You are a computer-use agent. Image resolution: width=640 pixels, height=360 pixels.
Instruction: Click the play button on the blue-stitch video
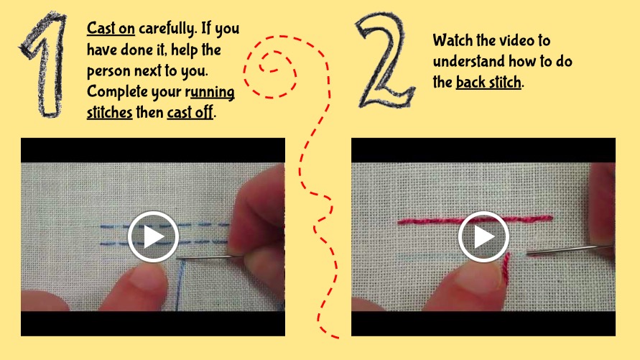click(153, 236)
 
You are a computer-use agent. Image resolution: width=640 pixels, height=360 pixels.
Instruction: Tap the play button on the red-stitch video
click(483, 236)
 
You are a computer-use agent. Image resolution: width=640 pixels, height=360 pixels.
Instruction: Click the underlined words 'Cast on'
click(111, 28)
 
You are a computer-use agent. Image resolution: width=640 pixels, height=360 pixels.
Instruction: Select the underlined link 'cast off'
click(190, 112)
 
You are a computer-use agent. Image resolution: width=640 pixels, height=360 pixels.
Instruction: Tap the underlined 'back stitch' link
click(488, 82)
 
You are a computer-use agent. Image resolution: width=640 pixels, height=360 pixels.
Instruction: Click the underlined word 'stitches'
click(109, 112)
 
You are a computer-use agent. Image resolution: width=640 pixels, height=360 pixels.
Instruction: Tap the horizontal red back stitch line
click(475, 220)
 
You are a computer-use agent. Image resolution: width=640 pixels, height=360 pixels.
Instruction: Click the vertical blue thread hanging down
click(180, 285)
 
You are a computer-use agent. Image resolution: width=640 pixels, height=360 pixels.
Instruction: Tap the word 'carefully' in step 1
click(167, 29)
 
